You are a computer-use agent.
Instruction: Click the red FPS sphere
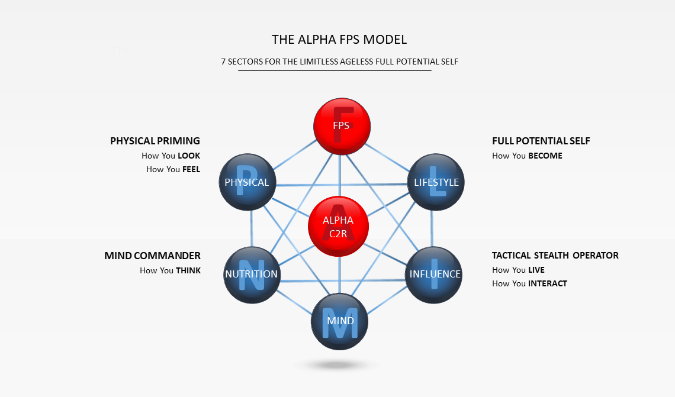pyautogui.click(x=341, y=127)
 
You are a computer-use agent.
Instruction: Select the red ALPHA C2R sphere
pyautogui.click(x=338, y=227)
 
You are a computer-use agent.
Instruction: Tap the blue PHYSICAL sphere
pyautogui.click(x=247, y=182)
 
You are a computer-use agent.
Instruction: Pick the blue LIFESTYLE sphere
pyautogui.click(x=436, y=182)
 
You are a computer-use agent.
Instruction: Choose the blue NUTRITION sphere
pyautogui.click(x=252, y=274)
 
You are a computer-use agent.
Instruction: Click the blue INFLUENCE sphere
pyautogui.click(x=434, y=274)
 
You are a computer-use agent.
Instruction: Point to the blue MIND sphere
pyautogui.click(x=340, y=321)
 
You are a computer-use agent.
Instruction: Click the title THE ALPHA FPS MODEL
pyautogui.click(x=339, y=40)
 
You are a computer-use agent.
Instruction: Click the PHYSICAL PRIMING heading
pyautogui.click(x=155, y=141)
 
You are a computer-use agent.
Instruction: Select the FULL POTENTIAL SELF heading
pyautogui.click(x=541, y=141)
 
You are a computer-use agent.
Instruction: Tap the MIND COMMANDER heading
pyautogui.click(x=152, y=256)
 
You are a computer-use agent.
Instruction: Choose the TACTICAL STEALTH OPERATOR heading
pyautogui.click(x=555, y=256)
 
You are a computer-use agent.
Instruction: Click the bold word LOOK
pyautogui.click(x=189, y=156)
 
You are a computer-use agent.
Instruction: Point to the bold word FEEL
pyautogui.click(x=191, y=169)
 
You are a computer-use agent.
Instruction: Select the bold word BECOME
pyautogui.click(x=545, y=156)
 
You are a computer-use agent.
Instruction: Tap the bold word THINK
pyautogui.click(x=188, y=270)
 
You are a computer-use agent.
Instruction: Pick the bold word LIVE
pyautogui.click(x=536, y=270)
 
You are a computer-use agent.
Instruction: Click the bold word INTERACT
pyautogui.click(x=547, y=283)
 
